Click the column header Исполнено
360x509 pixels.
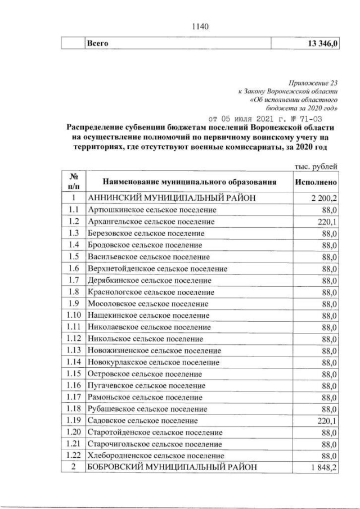pos(316,183)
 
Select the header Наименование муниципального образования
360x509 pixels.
pos(190,183)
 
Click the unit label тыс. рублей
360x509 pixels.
pos(316,166)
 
